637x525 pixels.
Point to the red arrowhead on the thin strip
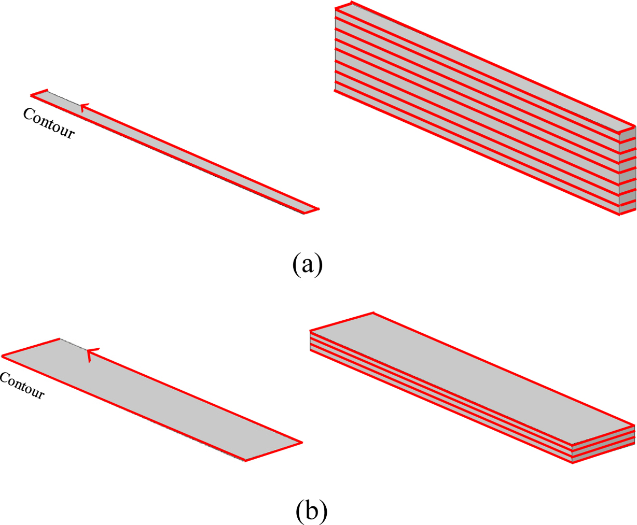click(84, 107)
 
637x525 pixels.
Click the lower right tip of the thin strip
click(317, 209)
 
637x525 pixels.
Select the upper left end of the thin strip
click(33, 94)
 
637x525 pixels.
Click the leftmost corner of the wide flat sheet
click(3, 356)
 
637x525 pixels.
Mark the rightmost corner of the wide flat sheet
click(301, 443)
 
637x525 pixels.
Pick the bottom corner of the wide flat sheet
click(245, 460)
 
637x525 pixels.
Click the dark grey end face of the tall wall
click(628, 171)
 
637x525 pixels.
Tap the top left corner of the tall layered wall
click(336, 8)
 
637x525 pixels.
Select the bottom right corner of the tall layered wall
click(620, 215)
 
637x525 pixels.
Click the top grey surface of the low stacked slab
click(467, 378)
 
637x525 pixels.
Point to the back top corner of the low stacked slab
click(372, 313)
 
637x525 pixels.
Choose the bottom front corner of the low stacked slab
click(573, 462)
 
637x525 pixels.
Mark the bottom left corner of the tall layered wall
click(336, 92)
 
